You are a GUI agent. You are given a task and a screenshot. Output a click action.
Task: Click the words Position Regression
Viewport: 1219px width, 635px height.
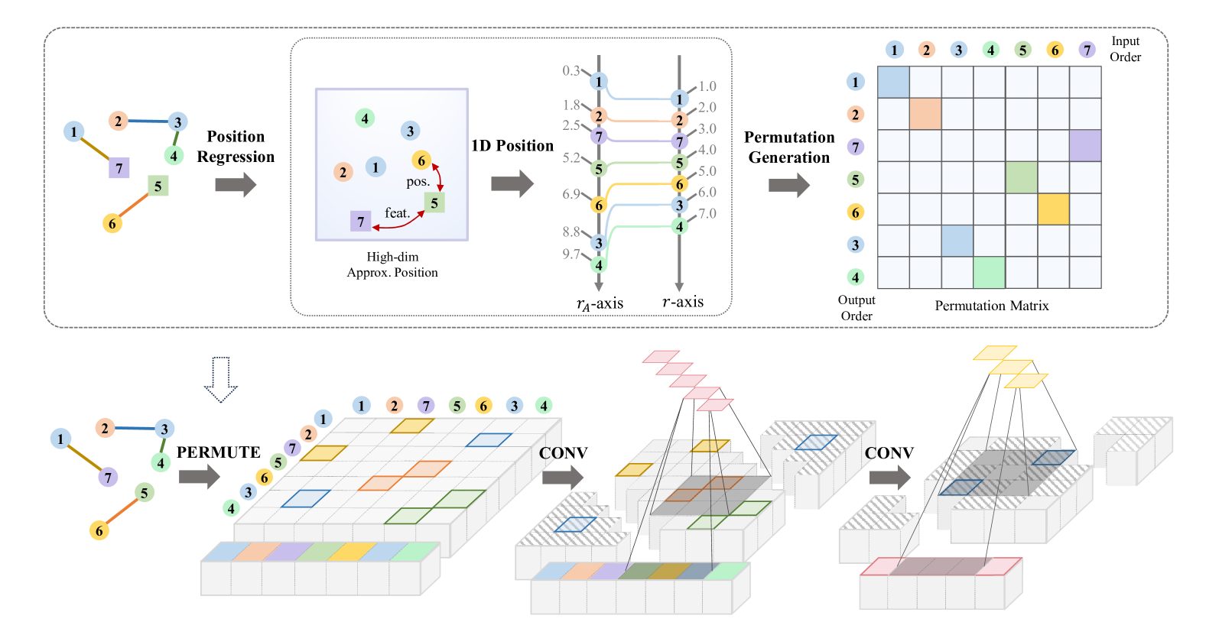pyautogui.click(x=236, y=147)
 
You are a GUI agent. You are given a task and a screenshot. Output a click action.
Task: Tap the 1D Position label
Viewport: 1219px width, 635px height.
pyautogui.click(x=512, y=146)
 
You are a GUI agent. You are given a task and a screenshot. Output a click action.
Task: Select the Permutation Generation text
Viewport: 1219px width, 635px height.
pyautogui.click(x=789, y=147)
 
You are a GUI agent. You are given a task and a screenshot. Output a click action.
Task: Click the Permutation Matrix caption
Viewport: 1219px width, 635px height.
pyautogui.click(x=992, y=306)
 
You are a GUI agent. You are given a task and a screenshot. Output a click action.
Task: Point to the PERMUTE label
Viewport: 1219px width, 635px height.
pyautogui.click(x=219, y=452)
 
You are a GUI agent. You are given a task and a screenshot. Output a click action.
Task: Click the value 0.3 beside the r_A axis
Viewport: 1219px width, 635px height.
pyautogui.click(x=571, y=71)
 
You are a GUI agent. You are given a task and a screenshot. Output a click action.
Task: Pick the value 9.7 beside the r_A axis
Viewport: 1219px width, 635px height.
pyautogui.click(x=571, y=254)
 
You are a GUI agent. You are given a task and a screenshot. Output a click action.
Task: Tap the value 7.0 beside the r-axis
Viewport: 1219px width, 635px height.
pyautogui.click(x=707, y=213)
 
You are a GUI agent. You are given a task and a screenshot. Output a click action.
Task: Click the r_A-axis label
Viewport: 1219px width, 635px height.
pyautogui.click(x=600, y=304)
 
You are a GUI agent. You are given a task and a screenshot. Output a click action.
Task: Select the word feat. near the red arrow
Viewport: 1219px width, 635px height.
pyautogui.click(x=398, y=213)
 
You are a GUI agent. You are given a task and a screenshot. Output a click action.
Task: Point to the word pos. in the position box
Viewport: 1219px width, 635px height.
pyautogui.click(x=418, y=182)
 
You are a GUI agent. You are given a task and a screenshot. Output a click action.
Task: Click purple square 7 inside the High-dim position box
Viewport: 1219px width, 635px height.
pyautogui.click(x=360, y=222)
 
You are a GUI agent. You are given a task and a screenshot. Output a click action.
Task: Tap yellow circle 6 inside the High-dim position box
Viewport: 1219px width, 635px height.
pyautogui.click(x=421, y=160)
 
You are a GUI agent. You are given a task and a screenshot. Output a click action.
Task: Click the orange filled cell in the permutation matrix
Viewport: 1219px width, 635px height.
pyautogui.click(x=925, y=114)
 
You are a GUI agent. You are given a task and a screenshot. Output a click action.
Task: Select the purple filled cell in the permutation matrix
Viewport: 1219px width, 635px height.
pyautogui.click(x=1085, y=146)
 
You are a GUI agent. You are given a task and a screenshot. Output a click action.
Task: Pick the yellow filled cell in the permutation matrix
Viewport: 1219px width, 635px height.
pyautogui.click(x=1053, y=209)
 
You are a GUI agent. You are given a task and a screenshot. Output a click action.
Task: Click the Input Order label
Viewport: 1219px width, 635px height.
pyautogui.click(x=1125, y=49)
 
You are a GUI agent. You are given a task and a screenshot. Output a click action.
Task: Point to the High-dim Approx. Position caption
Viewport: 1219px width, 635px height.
pyautogui.click(x=392, y=264)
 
